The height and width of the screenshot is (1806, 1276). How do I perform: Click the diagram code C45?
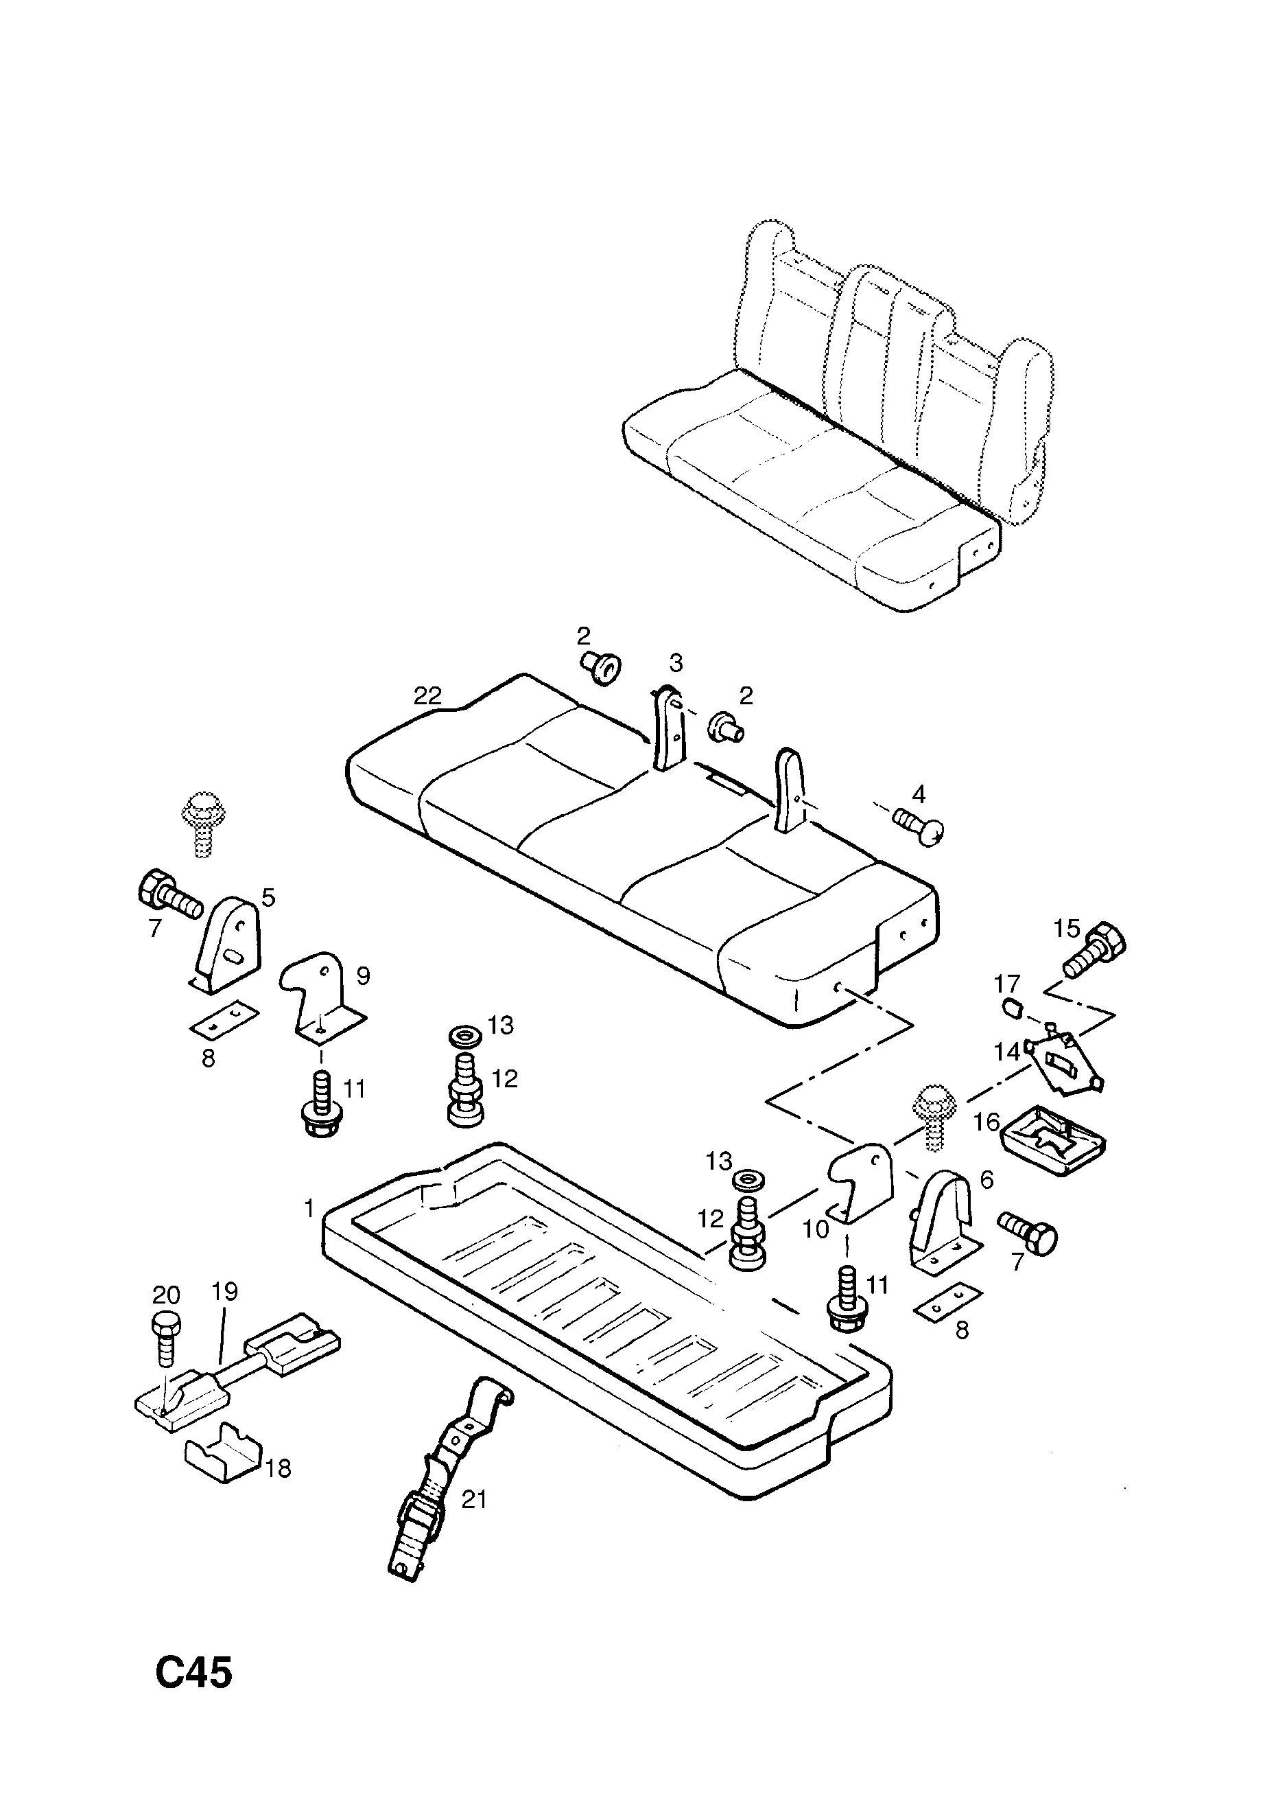pos(194,1672)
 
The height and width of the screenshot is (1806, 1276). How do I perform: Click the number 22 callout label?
pos(429,696)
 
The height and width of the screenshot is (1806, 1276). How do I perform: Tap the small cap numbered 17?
pos(1012,1006)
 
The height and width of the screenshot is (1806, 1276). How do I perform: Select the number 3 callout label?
pos(675,663)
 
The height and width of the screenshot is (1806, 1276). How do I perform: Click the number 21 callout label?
pos(474,1499)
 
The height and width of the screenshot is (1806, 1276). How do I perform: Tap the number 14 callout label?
pos(1007,1051)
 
